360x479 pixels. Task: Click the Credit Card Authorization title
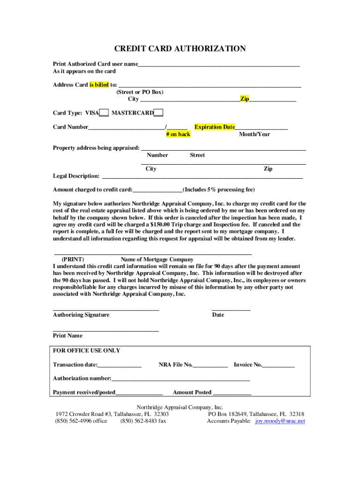click(180, 49)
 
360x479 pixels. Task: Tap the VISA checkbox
click(104, 113)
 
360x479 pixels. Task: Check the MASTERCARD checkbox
click(158, 113)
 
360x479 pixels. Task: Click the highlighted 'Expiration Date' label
click(215, 127)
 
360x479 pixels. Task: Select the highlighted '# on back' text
click(178, 134)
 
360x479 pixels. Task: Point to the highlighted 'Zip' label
click(245, 99)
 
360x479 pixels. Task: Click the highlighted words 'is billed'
click(99, 85)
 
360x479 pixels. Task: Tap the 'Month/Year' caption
click(254, 134)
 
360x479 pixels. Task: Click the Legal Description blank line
click(202, 177)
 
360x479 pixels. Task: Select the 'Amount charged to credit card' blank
click(158, 190)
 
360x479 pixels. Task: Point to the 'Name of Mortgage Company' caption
click(157, 259)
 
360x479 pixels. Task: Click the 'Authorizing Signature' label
click(81, 315)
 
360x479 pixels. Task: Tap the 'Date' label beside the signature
click(218, 315)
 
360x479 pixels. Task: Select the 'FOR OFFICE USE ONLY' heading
click(86, 350)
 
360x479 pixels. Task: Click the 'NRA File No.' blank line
click(210, 365)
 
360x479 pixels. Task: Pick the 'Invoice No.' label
click(248, 365)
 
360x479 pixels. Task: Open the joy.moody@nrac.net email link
click(280, 421)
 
